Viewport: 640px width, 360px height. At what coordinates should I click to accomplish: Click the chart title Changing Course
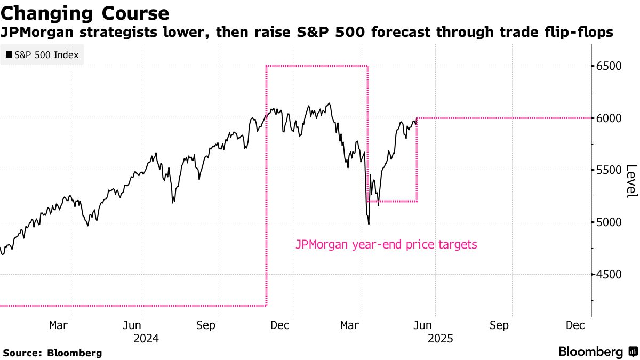click(x=85, y=12)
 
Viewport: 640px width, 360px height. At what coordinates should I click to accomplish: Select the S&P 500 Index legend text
click(x=46, y=54)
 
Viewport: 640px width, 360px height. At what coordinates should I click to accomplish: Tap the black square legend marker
click(x=9, y=54)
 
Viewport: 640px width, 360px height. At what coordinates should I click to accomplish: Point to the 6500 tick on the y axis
click(x=610, y=66)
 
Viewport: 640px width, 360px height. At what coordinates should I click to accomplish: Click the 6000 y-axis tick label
click(x=610, y=118)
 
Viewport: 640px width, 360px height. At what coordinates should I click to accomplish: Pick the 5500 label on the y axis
click(x=610, y=170)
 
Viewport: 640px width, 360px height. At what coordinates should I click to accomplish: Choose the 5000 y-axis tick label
click(x=610, y=222)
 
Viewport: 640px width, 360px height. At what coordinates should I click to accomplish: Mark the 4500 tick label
click(x=610, y=274)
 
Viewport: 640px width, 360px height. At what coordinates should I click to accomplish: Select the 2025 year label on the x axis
click(x=439, y=338)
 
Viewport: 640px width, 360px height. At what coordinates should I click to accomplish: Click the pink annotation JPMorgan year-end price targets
click(x=386, y=245)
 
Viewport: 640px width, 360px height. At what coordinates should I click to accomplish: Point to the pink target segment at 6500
click(x=317, y=66)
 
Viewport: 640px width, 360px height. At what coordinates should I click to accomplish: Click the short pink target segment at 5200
click(x=392, y=201)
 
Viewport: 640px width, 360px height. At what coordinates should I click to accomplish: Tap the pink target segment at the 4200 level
click(x=133, y=306)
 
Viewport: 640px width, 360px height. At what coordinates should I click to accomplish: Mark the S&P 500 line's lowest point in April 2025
click(x=369, y=223)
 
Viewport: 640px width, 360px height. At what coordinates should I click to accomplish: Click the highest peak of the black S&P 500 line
click(x=329, y=103)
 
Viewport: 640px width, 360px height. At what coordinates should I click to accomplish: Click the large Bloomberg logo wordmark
click(x=590, y=352)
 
